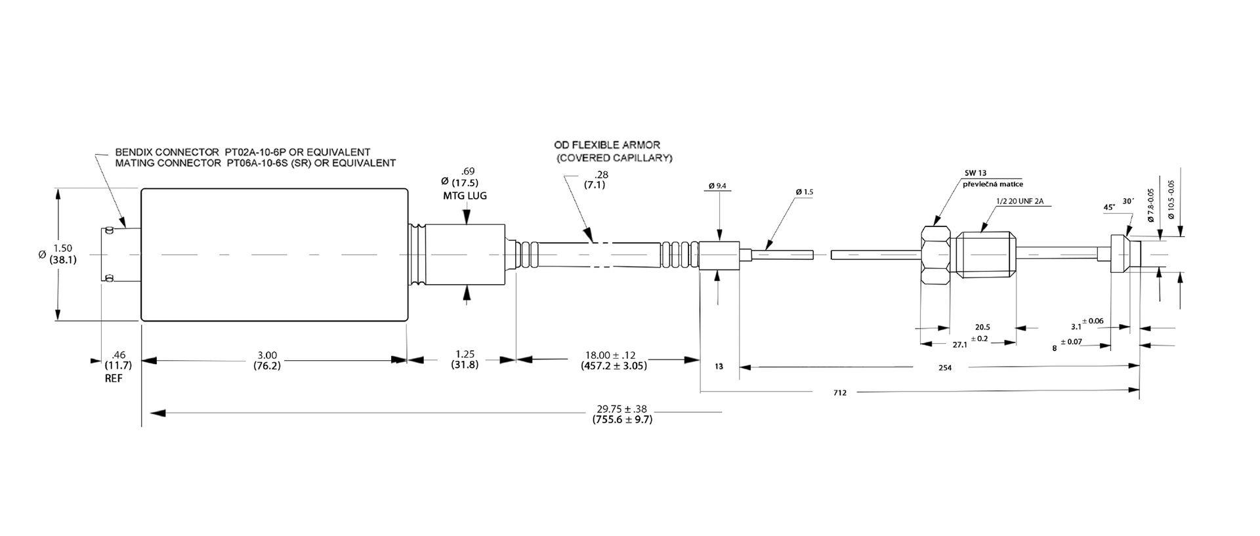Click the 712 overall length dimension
[840, 393]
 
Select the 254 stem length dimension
[944, 368]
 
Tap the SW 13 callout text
[975, 173]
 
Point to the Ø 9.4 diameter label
[717, 186]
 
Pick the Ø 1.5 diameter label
[804, 192]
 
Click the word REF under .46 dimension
[113, 379]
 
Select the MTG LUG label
[465, 196]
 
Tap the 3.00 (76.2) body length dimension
[267, 360]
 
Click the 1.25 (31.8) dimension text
[465, 360]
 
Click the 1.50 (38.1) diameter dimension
[63, 253]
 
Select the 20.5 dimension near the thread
[982, 327]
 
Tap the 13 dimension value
[719, 367]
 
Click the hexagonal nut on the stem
[935, 255]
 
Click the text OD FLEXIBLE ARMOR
[607, 145]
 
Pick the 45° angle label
[1110, 207]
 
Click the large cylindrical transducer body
[274, 255]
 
